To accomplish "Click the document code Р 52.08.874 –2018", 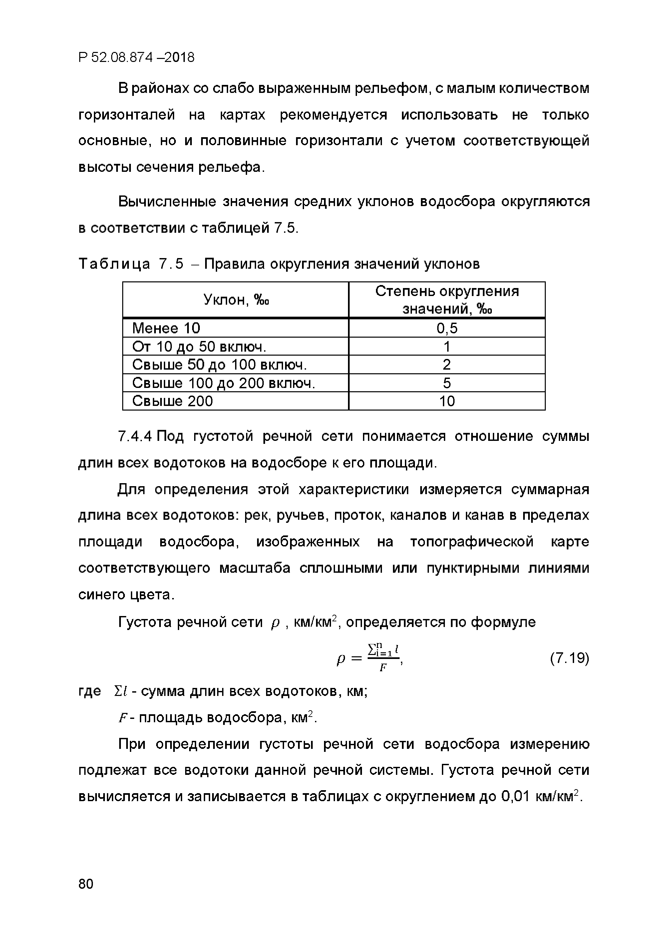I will click(x=136, y=57).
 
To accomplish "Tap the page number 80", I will click(x=86, y=884).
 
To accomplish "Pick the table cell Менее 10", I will click(x=166, y=328).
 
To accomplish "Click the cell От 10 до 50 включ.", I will click(x=199, y=347).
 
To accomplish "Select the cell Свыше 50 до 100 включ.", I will click(x=219, y=365).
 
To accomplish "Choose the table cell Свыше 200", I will click(x=172, y=401).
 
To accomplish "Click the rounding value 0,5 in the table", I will click(x=447, y=328).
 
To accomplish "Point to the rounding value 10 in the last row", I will click(x=447, y=401).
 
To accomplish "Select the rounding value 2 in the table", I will click(x=447, y=365).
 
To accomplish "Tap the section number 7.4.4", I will click(x=136, y=436).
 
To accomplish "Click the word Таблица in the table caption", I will click(x=114, y=264).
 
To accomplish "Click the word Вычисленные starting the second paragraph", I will click(x=167, y=202).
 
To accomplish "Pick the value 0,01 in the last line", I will click(x=515, y=796).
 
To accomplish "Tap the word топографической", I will click(x=472, y=542).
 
